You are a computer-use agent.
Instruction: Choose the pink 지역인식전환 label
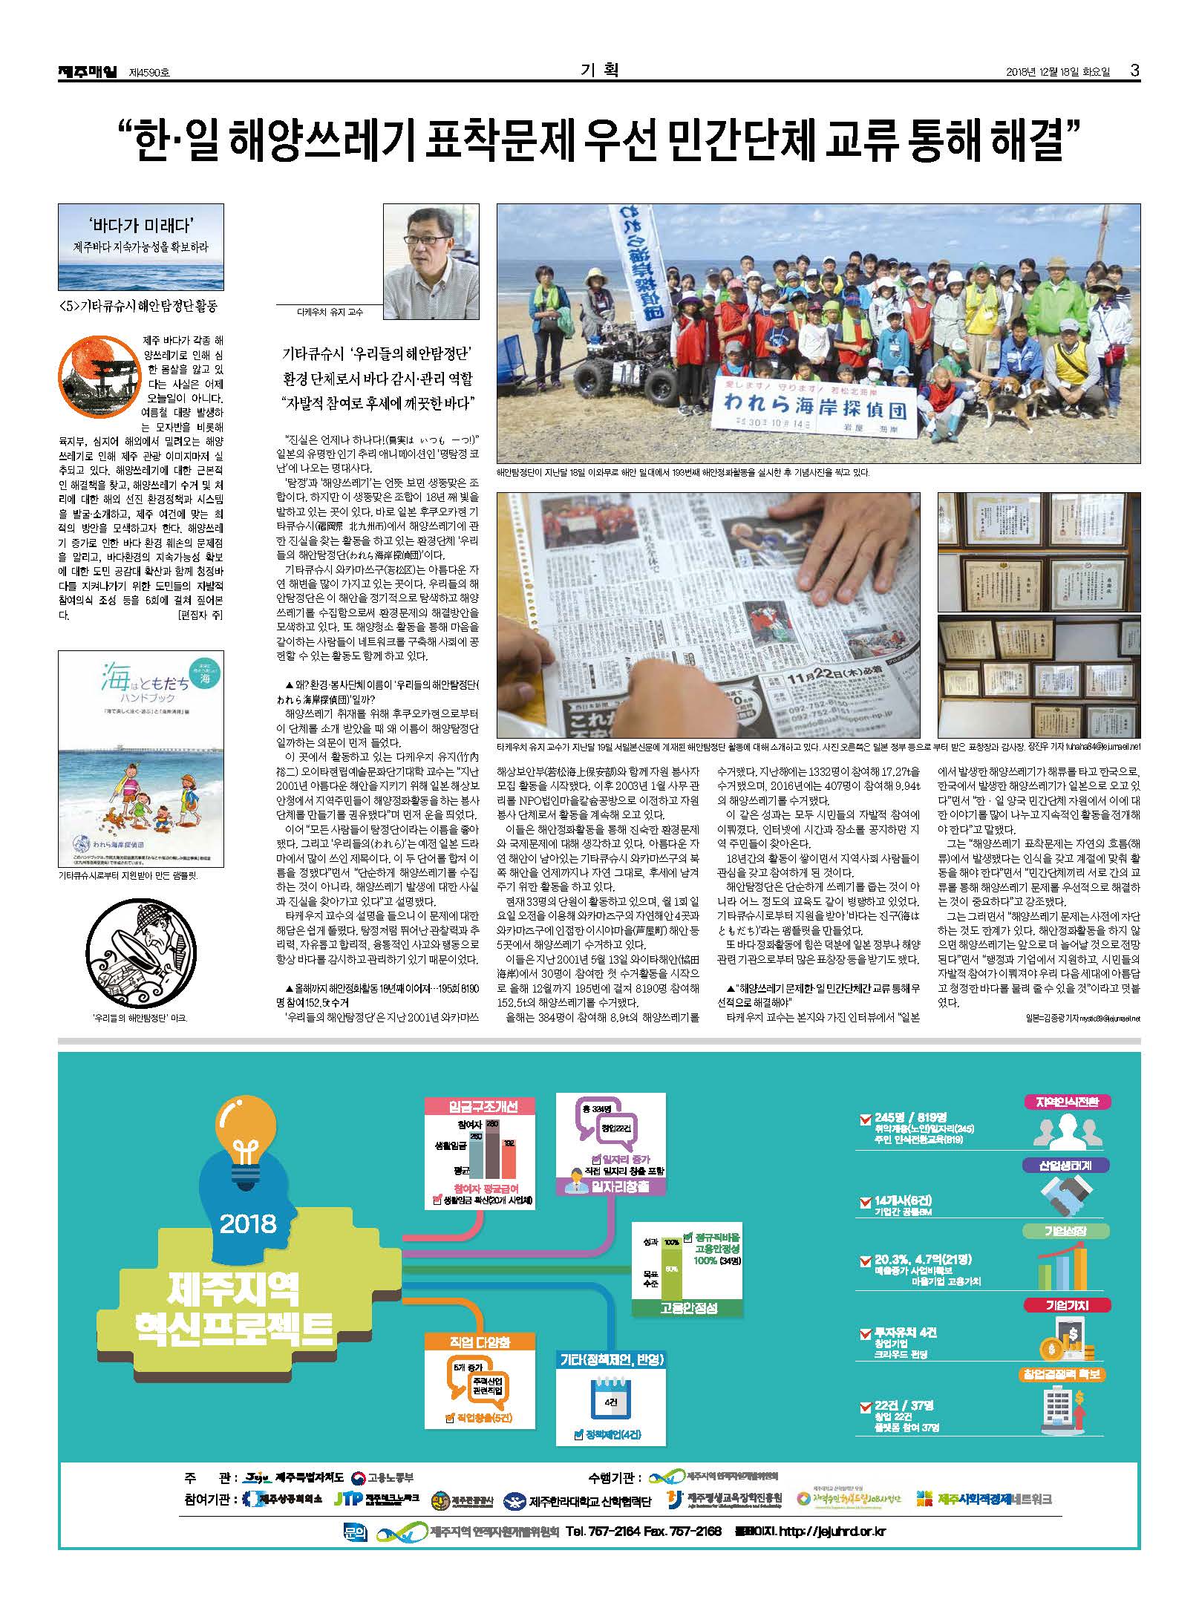tap(1067, 1102)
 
